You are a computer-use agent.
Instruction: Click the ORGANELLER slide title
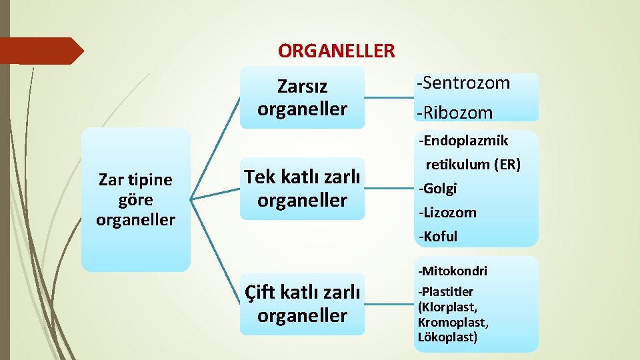click(336, 51)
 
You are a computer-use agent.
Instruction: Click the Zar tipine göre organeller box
click(135, 199)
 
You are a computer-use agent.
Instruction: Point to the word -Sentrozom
click(463, 83)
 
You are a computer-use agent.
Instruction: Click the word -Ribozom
click(455, 113)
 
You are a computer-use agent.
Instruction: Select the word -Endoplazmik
click(463, 141)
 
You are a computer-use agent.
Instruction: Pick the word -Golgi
click(437, 189)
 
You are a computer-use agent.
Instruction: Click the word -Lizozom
click(447, 213)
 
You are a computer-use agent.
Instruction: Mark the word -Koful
click(438, 237)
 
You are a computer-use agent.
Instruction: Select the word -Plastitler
click(445, 291)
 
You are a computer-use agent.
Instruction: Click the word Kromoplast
click(453, 323)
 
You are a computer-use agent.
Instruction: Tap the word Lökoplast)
click(447, 337)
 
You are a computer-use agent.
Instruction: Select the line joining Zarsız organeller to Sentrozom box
click(389, 98)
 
